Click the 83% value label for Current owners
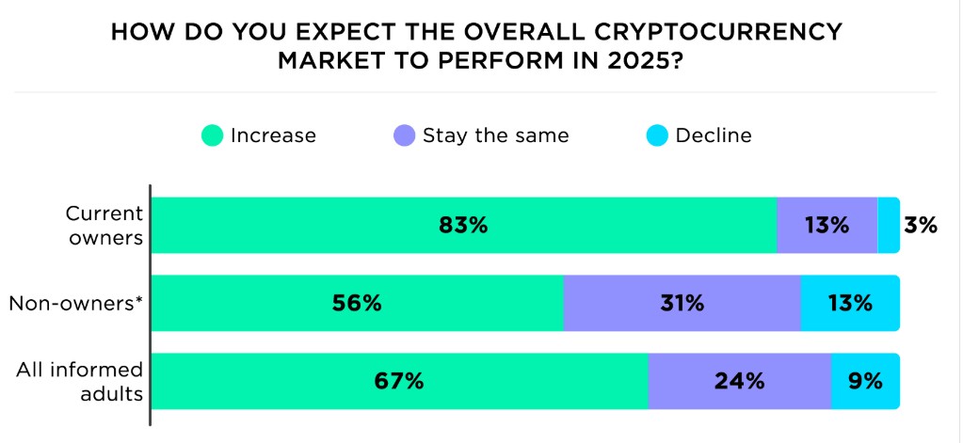pyautogui.click(x=463, y=226)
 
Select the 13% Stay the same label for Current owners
pyautogui.click(x=827, y=226)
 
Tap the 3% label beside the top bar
pyautogui.click(x=920, y=226)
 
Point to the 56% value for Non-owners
pyautogui.click(x=357, y=303)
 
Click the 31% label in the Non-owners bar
pyautogui.click(x=681, y=303)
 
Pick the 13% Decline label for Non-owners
pyautogui.click(x=849, y=303)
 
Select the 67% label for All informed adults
pyautogui.click(x=399, y=381)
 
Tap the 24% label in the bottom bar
pyautogui.click(x=739, y=381)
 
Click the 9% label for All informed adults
pyautogui.click(x=865, y=381)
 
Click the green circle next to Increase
pyautogui.click(x=212, y=135)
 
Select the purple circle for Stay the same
pyautogui.click(x=404, y=135)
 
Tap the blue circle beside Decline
pyautogui.click(x=656, y=135)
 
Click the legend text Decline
pyautogui.click(x=714, y=135)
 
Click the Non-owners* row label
pyautogui.click(x=76, y=303)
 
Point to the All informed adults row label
pyautogui.click(x=80, y=381)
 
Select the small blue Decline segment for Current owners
pyautogui.click(x=888, y=226)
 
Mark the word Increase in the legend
pyautogui.click(x=273, y=135)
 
